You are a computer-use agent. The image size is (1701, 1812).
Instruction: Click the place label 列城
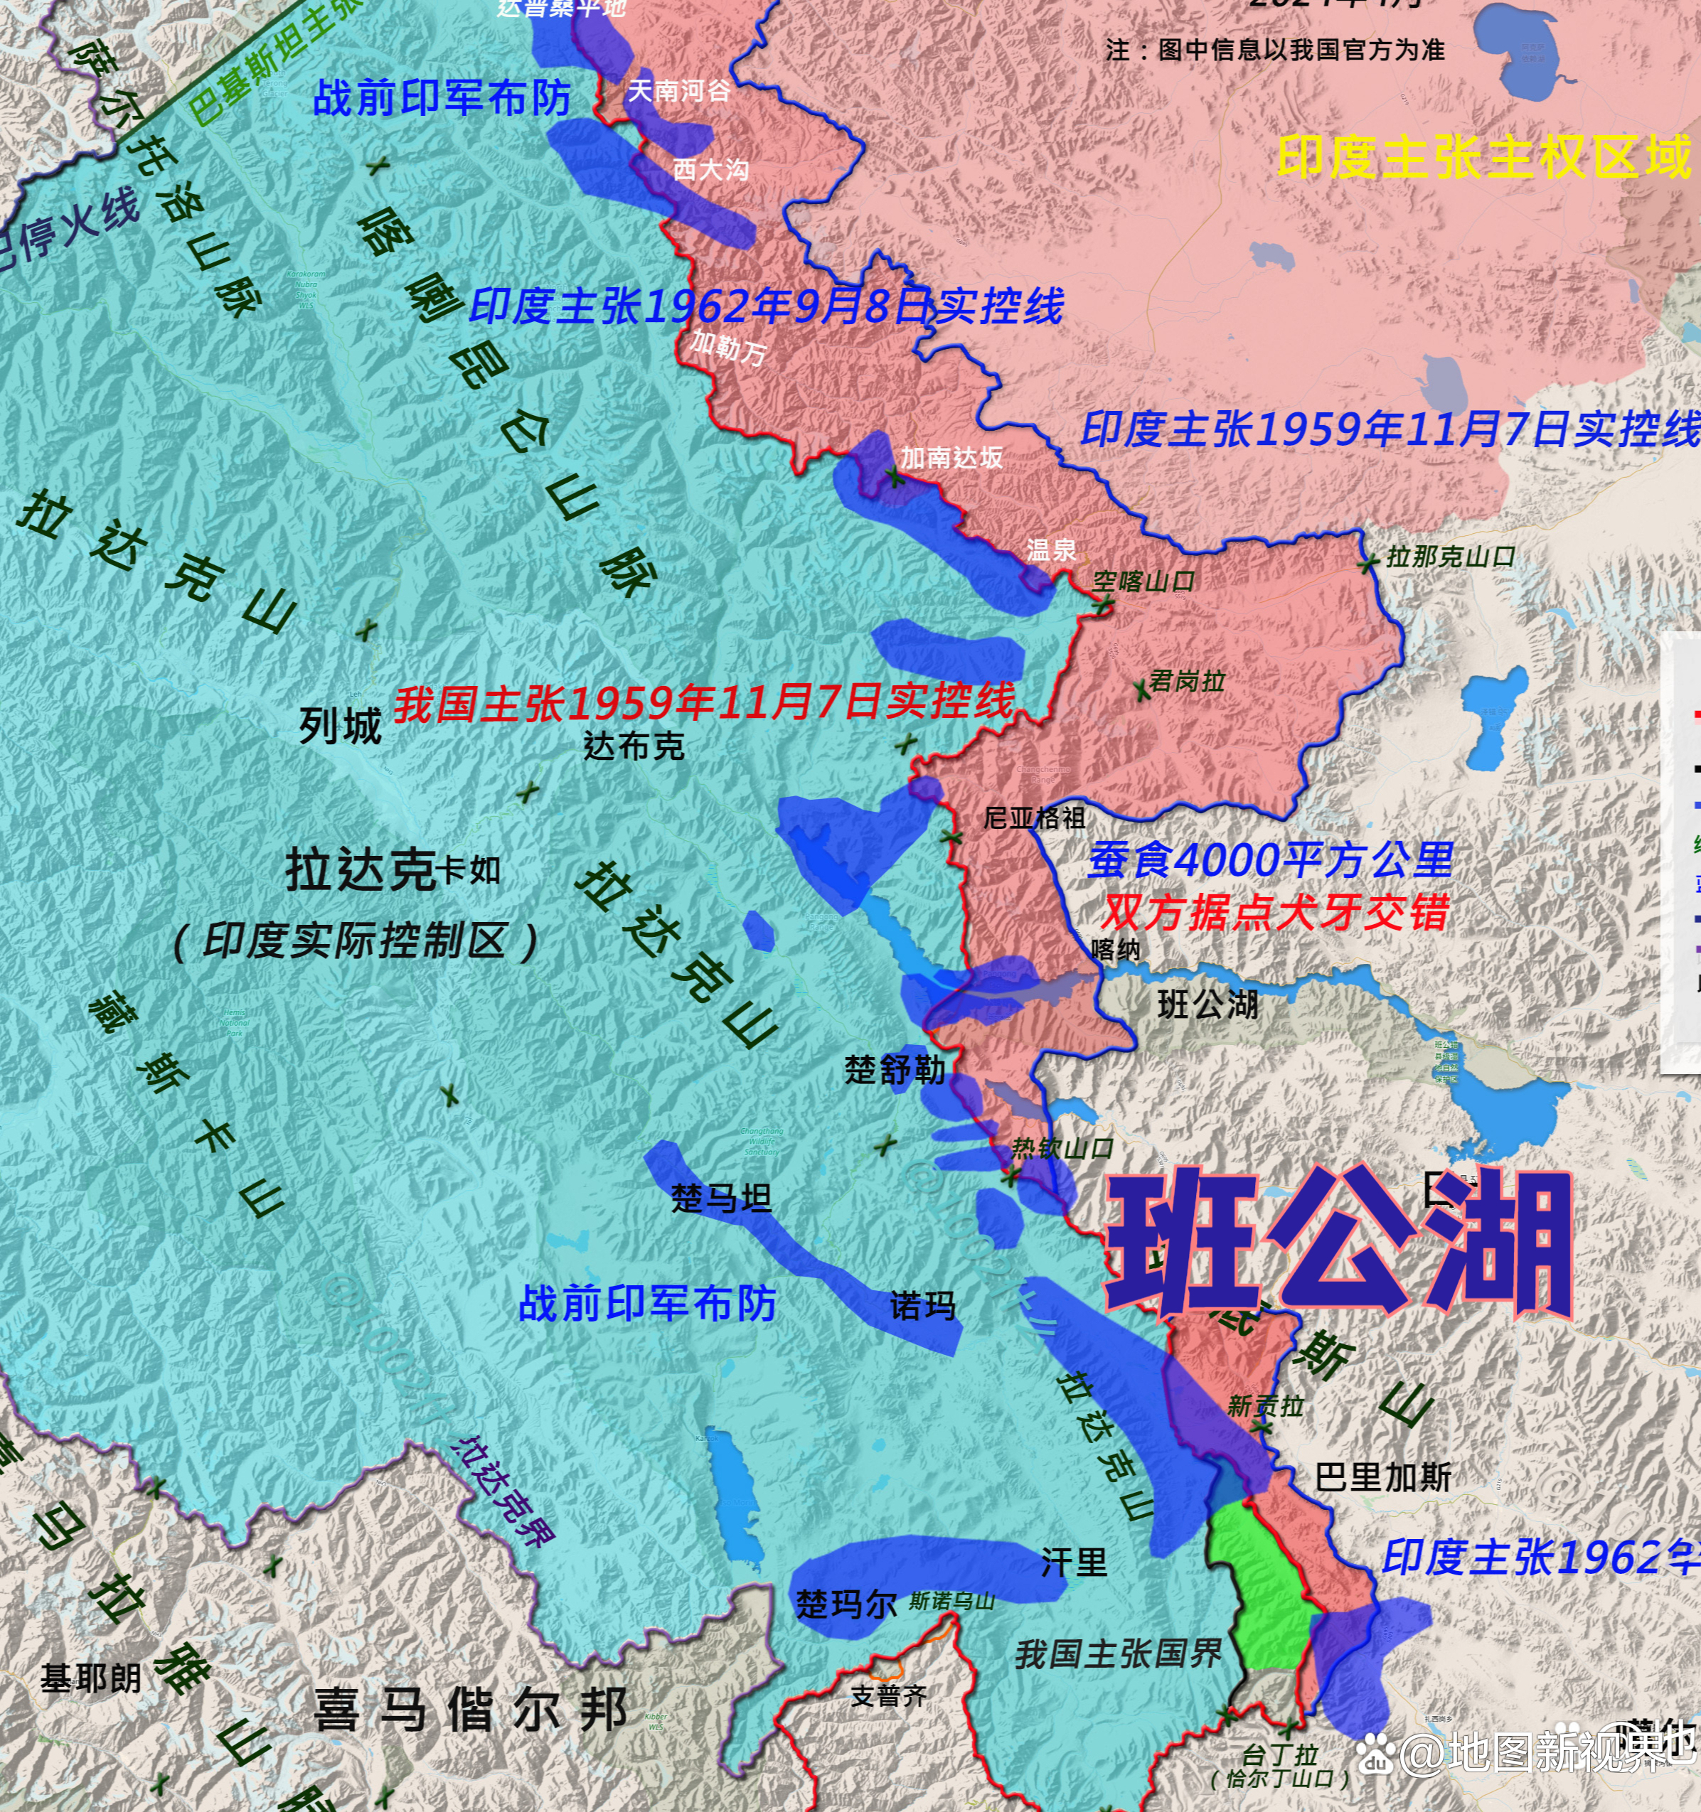pyautogui.click(x=340, y=727)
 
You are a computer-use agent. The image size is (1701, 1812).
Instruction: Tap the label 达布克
pyautogui.click(x=634, y=746)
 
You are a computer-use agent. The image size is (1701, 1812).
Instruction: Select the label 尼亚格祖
pyautogui.click(x=1034, y=817)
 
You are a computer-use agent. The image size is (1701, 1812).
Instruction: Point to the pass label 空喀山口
pyautogui.click(x=1143, y=581)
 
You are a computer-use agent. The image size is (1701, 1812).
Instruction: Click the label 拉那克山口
pyautogui.click(x=1450, y=557)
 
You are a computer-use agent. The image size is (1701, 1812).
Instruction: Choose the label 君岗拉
pyautogui.click(x=1186, y=681)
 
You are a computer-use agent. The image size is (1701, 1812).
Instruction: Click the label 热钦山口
pyautogui.click(x=1062, y=1149)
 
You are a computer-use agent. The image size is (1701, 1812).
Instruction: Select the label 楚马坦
pyautogui.click(x=721, y=1198)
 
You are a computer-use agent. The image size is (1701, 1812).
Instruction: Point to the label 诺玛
pyautogui.click(x=922, y=1306)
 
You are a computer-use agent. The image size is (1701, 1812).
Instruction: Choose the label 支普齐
pyautogui.click(x=888, y=1696)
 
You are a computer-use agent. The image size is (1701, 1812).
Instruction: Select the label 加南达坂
pyautogui.click(x=951, y=458)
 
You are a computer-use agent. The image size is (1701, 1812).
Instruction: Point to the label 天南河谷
pyautogui.click(x=678, y=91)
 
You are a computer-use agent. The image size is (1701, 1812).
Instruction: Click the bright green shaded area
pyautogui.click(x=1262, y=1586)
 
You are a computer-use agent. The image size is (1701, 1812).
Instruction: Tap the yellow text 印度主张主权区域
pyautogui.click(x=1484, y=157)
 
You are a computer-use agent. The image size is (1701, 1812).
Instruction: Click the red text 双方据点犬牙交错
pyautogui.click(x=1274, y=912)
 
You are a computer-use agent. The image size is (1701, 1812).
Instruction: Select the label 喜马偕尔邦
pyautogui.click(x=469, y=1709)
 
